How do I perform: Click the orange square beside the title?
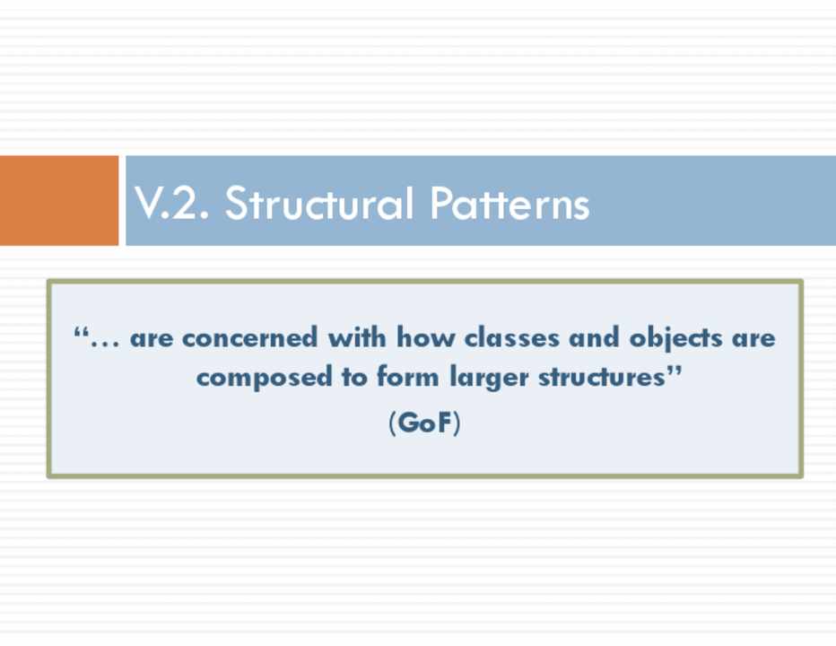[59, 201]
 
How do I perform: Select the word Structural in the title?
[319, 204]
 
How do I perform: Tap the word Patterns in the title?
[509, 204]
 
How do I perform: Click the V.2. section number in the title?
[171, 204]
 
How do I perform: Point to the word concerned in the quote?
[250, 337]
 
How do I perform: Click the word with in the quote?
[357, 337]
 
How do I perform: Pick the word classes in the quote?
[511, 337]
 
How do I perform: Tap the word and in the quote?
[594, 337]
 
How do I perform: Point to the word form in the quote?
[408, 377]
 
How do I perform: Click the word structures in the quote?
[602, 377]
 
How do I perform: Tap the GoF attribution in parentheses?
[424, 423]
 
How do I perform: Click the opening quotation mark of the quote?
[81, 332]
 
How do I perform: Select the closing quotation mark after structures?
[675, 371]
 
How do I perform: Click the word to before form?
[354, 377]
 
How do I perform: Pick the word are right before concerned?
[152, 339]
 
